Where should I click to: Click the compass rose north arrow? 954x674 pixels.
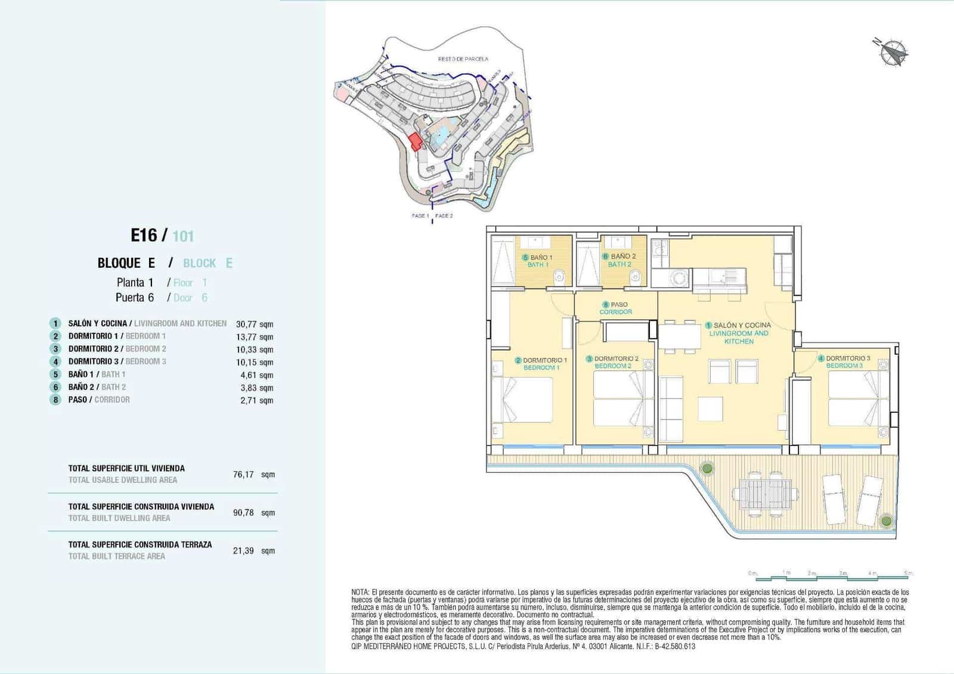(x=893, y=52)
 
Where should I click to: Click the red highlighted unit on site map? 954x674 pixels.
(x=415, y=141)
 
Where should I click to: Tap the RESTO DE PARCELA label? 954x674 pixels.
(x=463, y=59)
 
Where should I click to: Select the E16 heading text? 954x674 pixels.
(x=144, y=236)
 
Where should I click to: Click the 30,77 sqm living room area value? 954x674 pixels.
(x=254, y=324)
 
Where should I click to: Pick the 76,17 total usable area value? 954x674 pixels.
(x=243, y=475)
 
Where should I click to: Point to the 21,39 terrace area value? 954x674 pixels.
(x=243, y=551)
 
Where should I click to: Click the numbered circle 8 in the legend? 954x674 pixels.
(x=55, y=400)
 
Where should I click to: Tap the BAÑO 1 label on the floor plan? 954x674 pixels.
(x=537, y=257)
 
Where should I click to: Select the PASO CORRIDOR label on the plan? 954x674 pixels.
(x=616, y=308)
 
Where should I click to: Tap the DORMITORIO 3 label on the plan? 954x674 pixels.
(x=847, y=358)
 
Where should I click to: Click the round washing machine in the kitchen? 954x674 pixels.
(x=678, y=277)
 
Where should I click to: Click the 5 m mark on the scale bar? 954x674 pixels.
(x=907, y=573)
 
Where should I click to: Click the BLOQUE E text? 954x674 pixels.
(x=126, y=263)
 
